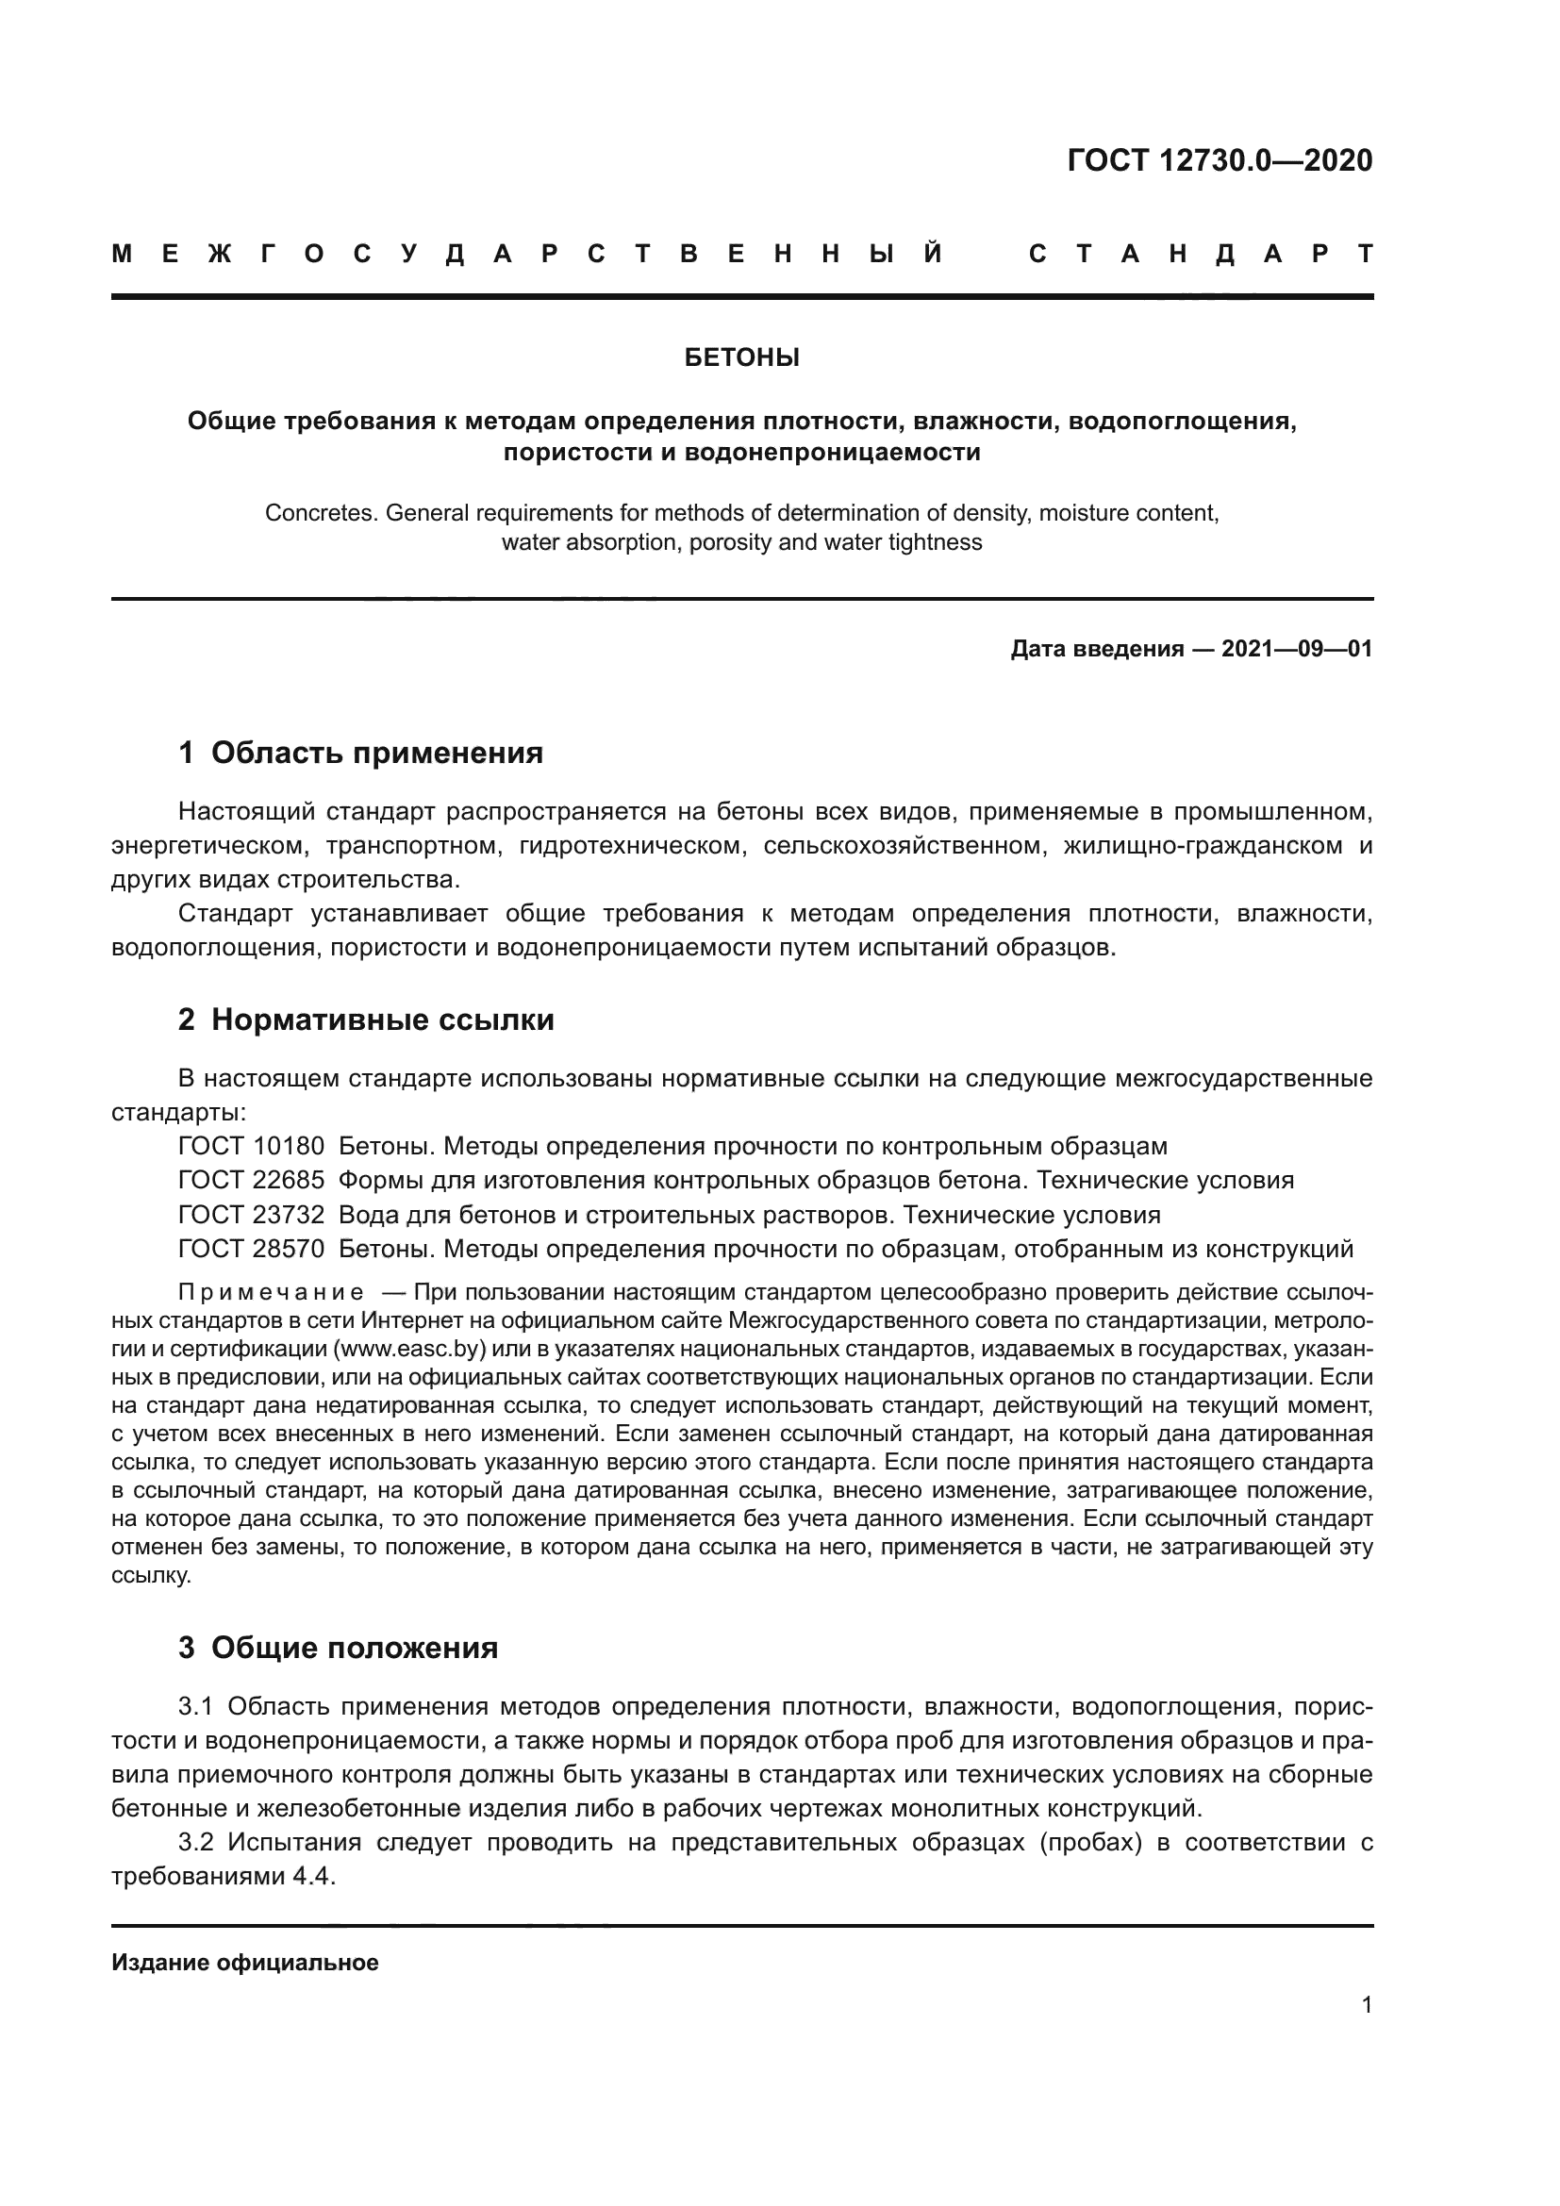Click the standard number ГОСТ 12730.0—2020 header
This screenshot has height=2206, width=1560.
(1219, 160)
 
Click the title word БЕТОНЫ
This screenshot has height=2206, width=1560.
(741, 358)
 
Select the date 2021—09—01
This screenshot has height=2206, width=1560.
(1296, 650)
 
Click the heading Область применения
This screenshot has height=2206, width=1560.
(376, 754)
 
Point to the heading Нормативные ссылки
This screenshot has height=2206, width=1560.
(382, 1020)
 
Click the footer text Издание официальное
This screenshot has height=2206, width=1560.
(245, 1963)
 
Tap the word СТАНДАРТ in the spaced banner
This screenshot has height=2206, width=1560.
(1201, 255)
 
